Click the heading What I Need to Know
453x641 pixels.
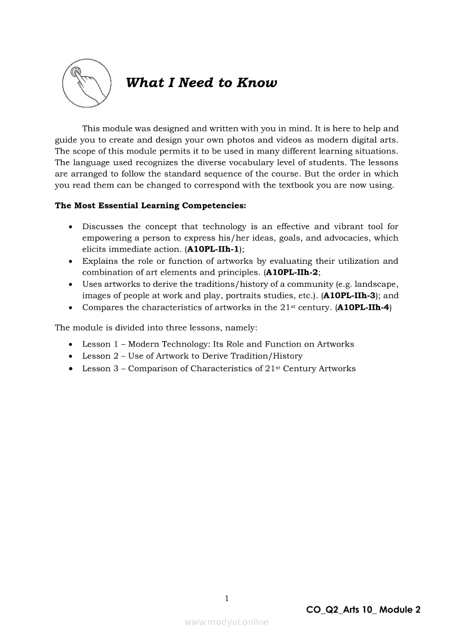(x=201, y=83)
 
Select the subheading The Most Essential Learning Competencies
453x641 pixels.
(x=150, y=206)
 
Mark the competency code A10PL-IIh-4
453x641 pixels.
(x=363, y=307)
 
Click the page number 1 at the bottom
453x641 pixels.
(x=226, y=598)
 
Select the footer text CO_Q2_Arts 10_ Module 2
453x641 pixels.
(x=364, y=610)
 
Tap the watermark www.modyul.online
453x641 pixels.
(x=226, y=622)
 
